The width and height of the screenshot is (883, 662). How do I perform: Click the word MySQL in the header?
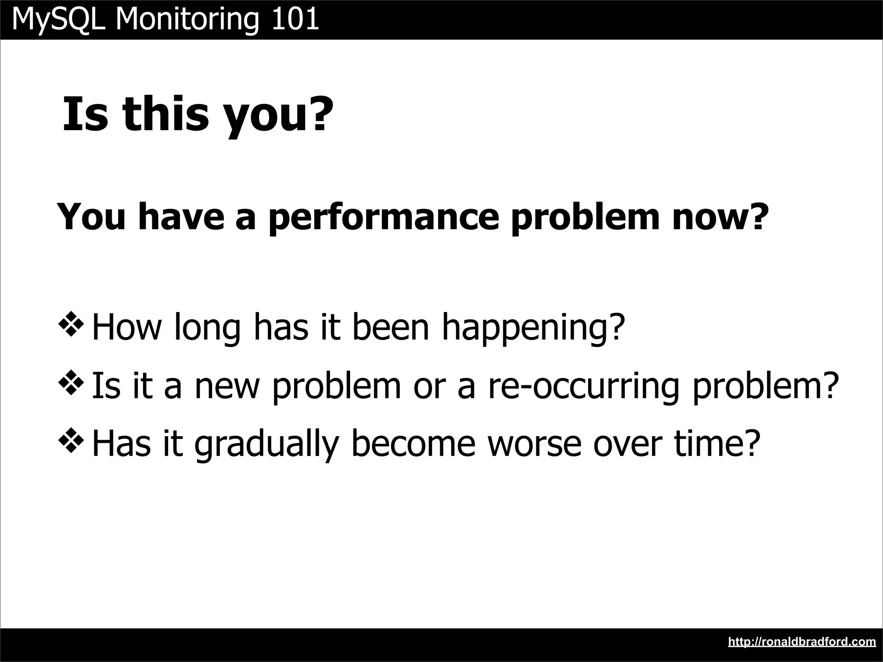pyautogui.click(x=59, y=20)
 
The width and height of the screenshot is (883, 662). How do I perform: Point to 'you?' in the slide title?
pyautogui.click(x=278, y=116)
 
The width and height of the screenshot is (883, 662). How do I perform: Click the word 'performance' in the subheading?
pyautogui.click(x=384, y=217)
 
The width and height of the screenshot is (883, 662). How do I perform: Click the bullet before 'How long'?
pyautogui.click(x=70, y=326)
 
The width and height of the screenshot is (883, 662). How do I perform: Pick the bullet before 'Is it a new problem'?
pyautogui.click(x=70, y=384)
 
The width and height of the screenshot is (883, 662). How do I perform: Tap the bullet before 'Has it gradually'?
pyautogui.click(x=70, y=443)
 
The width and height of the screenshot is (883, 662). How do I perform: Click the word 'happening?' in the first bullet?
pyautogui.click(x=533, y=328)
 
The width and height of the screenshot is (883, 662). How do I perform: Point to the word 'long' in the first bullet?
pyautogui.click(x=207, y=328)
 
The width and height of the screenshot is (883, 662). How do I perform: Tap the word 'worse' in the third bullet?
pyautogui.click(x=535, y=443)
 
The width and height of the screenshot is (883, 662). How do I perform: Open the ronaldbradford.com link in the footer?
pyautogui.click(x=802, y=642)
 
